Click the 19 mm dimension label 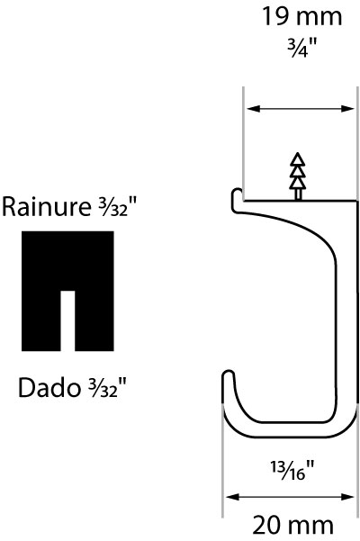[302, 16]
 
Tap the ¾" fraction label [302, 48]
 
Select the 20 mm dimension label [293, 526]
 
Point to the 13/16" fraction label [292, 471]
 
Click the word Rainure [46, 207]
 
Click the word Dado [49, 387]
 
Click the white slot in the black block [67, 320]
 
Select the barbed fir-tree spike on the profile [298, 176]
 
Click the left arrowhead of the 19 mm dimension [254, 109]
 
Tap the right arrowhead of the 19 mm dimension [347, 109]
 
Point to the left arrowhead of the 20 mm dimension [232, 497]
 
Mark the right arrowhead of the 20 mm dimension [347, 497]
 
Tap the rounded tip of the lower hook [228, 374]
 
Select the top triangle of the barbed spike [298, 158]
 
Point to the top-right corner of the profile [356, 201]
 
